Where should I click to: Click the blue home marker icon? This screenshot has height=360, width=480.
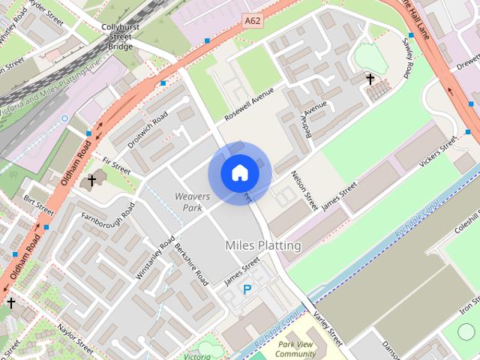click(239, 172)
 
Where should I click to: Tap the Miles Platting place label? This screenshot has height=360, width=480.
click(262, 245)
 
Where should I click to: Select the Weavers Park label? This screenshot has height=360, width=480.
click(192, 201)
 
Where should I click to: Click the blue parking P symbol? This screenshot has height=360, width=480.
click(247, 289)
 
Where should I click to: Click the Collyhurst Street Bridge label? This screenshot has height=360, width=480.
click(119, 37)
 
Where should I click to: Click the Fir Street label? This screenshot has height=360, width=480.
click(116, 166)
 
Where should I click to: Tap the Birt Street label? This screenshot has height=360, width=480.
click(39, 203)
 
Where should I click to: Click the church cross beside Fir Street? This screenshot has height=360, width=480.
click(92, 179)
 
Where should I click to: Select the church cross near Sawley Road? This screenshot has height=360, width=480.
click(370, 78)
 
